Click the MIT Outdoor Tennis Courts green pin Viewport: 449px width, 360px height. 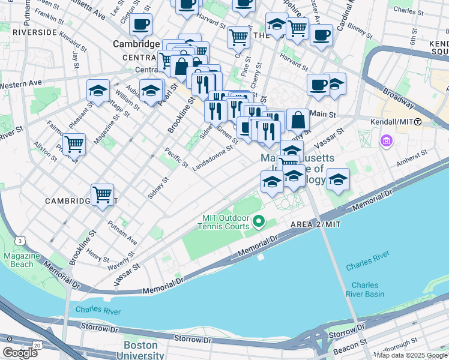point(259,222)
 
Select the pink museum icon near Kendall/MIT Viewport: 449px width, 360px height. point(385,142)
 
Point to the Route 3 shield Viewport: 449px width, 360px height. point(20,241)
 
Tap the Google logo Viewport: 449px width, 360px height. point(20,353)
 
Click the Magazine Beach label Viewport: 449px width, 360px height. point(22,260)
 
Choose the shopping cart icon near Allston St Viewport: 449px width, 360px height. point(74,143)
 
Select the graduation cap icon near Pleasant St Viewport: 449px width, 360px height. point(98,91)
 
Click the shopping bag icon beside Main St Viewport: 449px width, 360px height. point(298,119)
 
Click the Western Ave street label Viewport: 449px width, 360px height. point(21,85)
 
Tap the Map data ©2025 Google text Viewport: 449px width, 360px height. point(411,355)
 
